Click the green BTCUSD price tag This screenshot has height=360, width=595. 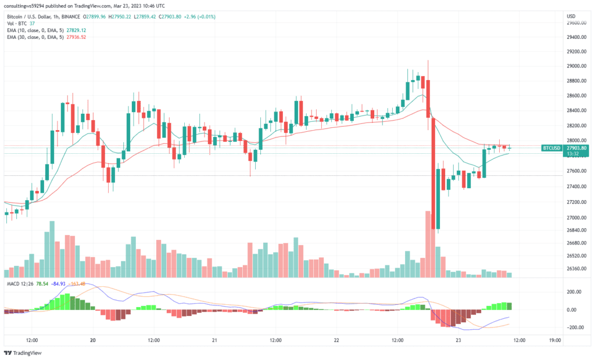pos(551,148)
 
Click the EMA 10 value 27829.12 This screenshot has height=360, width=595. pos(76,30)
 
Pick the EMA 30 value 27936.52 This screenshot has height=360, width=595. pos(76,37)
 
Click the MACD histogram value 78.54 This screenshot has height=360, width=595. pos(42,283)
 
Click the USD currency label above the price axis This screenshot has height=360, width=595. pos(571,16)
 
